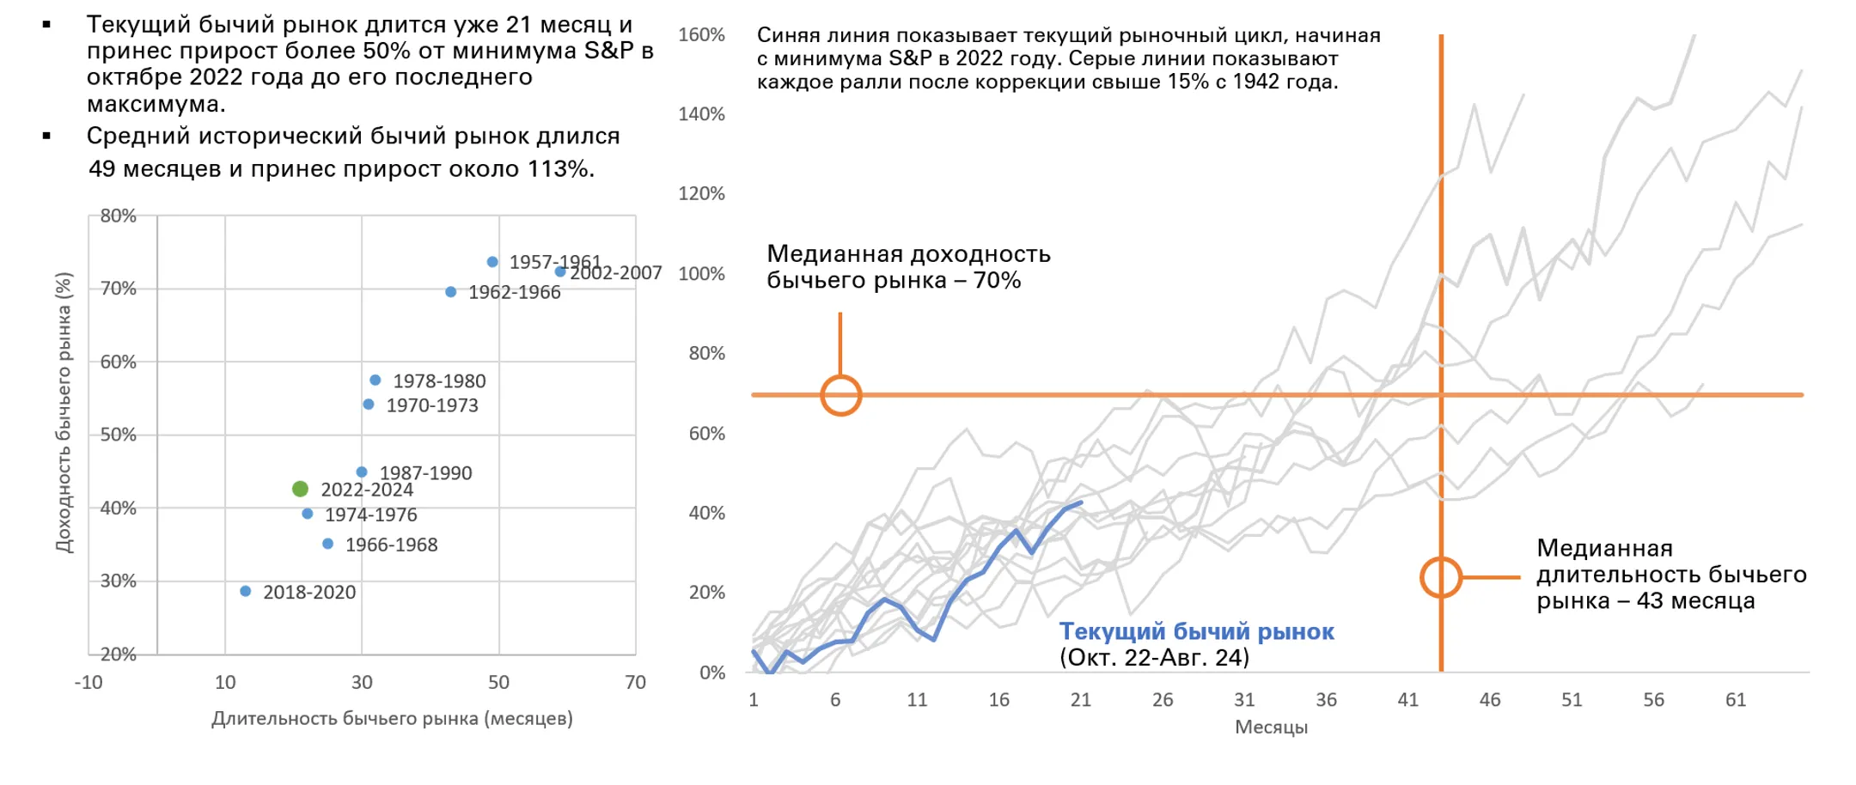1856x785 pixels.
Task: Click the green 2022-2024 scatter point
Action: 300,489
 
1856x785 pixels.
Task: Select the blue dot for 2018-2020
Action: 246,591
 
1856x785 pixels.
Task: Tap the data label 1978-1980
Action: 439,380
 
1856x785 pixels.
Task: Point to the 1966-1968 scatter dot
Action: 327,544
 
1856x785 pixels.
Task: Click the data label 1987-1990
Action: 425,472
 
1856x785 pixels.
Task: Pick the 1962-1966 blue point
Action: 451,292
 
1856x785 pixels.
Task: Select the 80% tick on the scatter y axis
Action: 119,216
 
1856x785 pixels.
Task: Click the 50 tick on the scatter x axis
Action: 498,682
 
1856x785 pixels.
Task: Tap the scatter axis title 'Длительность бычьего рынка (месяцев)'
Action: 392,718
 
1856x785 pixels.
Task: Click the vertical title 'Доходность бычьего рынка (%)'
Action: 64,412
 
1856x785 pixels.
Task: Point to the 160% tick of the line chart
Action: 701,35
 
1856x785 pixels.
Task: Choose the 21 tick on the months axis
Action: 1081,700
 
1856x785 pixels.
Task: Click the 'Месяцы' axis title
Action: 1271,727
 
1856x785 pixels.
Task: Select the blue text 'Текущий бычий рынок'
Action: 1196,631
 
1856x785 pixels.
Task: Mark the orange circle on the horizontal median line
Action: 840,395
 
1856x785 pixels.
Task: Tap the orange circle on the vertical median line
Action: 1441,577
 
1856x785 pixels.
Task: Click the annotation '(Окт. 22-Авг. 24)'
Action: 1154,658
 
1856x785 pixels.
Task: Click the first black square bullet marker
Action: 46,25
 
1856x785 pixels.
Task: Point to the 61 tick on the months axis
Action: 1736,700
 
